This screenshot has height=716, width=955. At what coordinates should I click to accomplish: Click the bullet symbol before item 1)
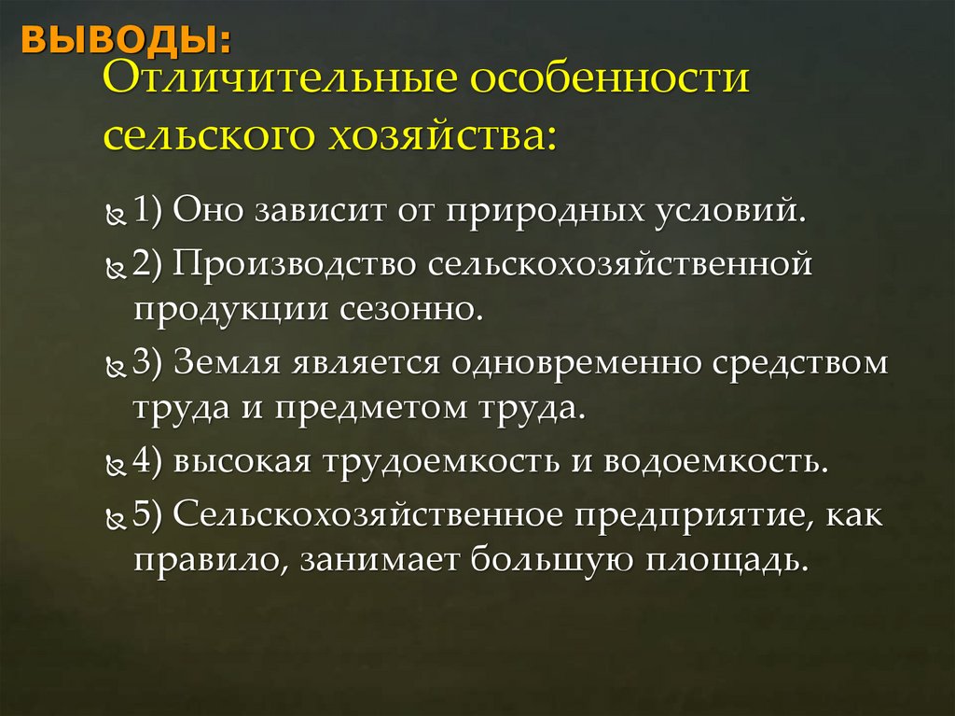click(x=117, y=215)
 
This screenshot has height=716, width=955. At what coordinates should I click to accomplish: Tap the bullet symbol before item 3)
click(x=117, y=368)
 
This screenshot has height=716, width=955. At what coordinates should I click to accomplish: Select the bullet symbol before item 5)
click(x=117, y=519)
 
